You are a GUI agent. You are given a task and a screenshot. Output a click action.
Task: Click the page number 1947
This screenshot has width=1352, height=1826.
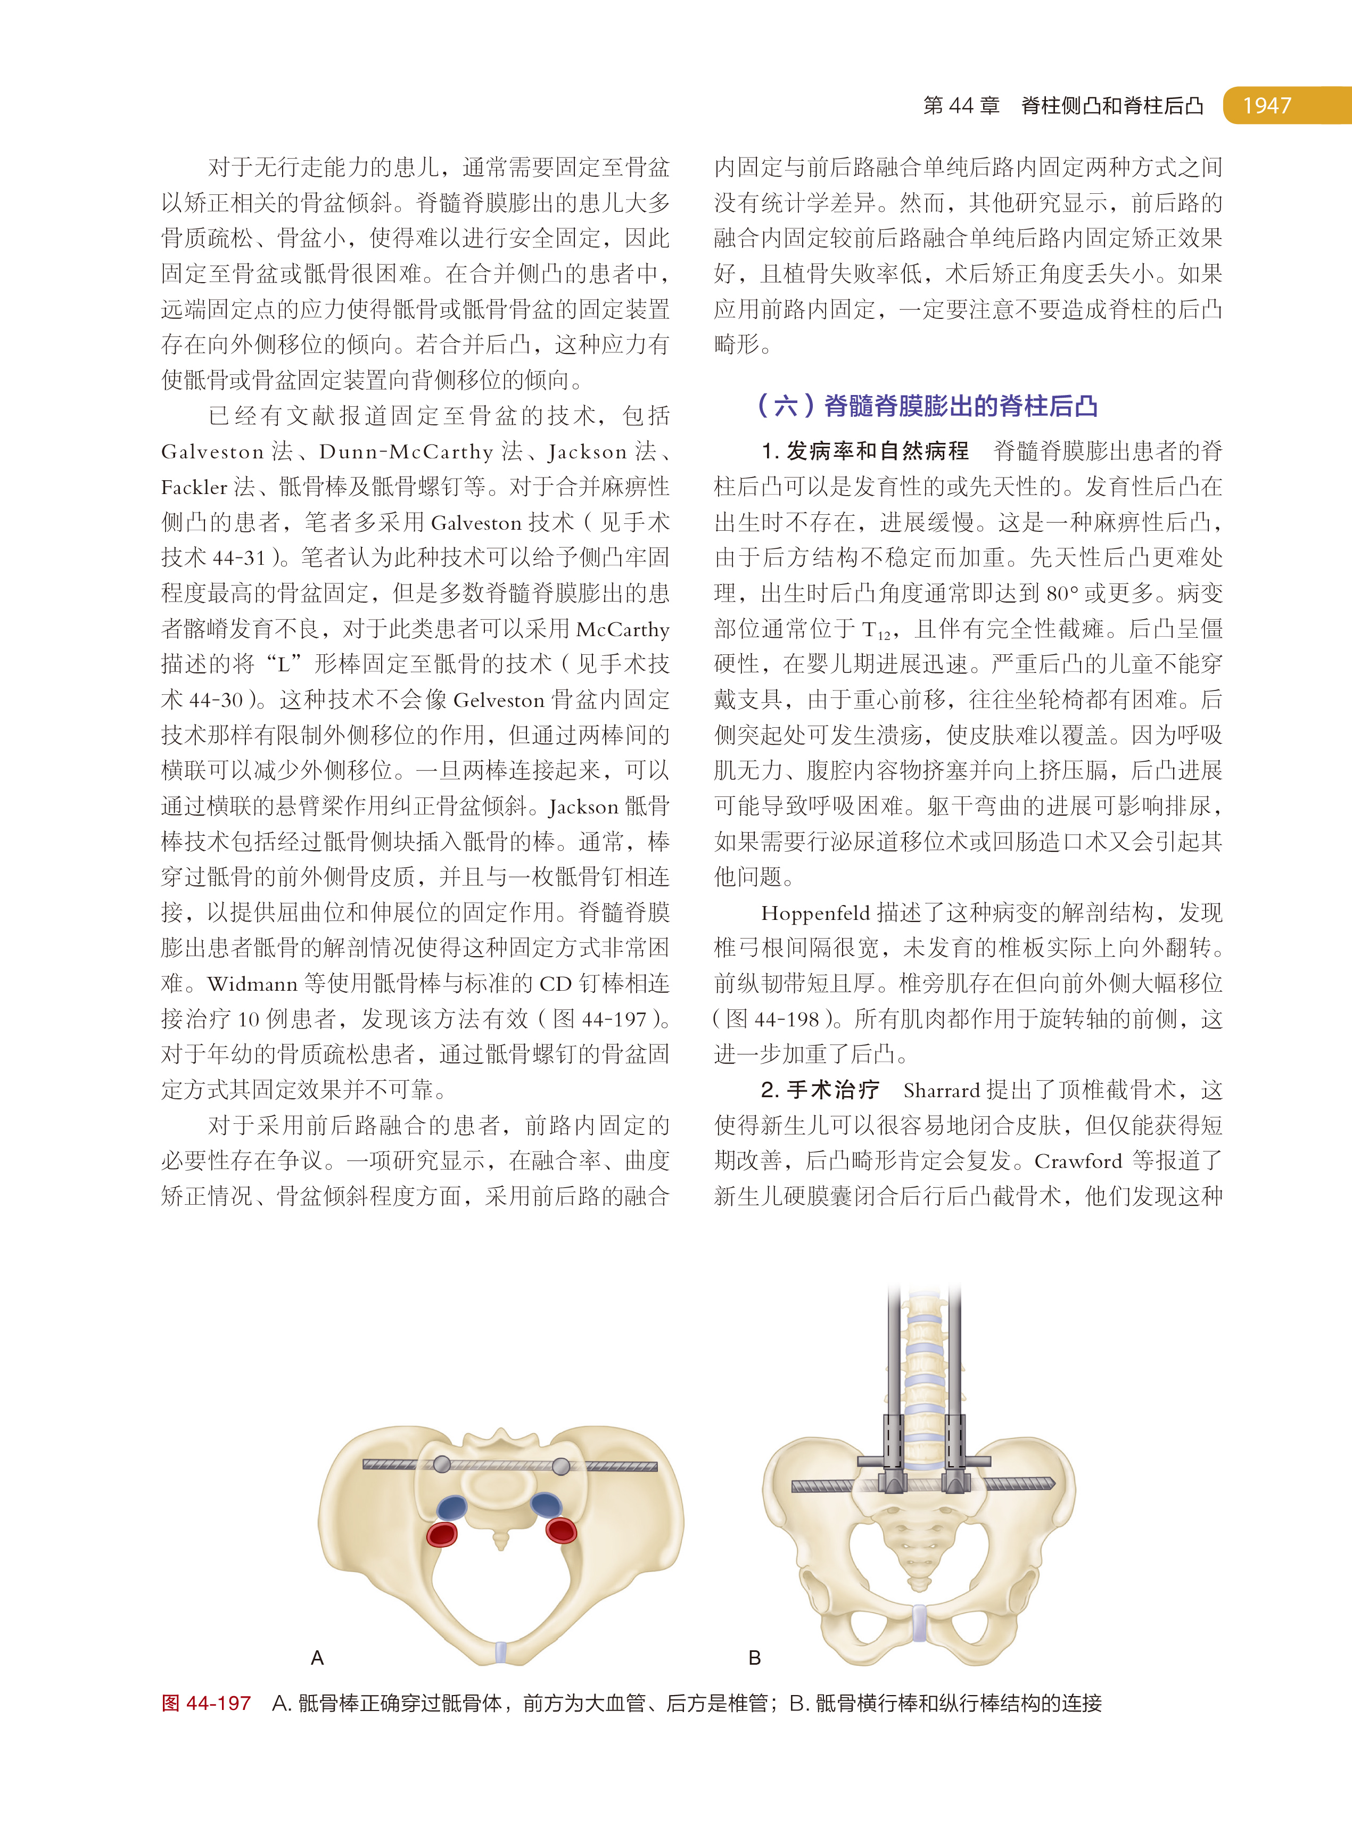[x=1266, y=105]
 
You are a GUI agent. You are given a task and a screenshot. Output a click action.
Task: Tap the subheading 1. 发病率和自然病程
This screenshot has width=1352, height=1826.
[x=865, y=451]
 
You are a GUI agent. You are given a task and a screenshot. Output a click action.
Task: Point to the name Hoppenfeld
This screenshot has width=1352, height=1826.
[x=815, y=912]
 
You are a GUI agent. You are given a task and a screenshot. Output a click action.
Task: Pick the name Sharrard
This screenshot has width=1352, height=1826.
[x=941, y=1090]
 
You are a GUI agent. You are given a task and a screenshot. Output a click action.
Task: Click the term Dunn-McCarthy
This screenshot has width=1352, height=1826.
[x=406, y=452]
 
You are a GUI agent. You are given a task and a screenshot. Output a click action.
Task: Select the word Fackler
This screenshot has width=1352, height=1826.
[x=194, y=487]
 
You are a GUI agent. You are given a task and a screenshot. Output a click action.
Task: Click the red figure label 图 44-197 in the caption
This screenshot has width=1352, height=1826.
[x=206, y=1703]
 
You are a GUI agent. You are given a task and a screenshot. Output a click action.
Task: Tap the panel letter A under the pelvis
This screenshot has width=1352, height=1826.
[x=318, y=1658]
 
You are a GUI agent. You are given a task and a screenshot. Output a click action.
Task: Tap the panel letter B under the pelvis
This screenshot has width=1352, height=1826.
[x=755, y=1658]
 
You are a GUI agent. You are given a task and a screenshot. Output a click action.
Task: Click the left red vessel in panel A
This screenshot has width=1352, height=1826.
[x=442, y=1534]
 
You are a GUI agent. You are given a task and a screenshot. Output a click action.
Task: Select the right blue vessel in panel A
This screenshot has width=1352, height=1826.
[x=546, y=1504]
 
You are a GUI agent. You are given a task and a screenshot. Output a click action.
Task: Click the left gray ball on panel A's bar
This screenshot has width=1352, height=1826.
[x=441, y=1464]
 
